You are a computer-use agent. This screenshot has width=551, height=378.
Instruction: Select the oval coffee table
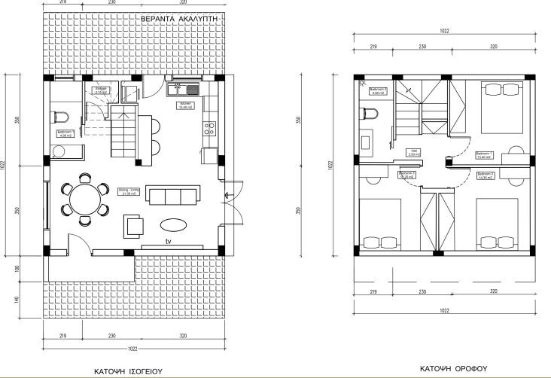point(175,224)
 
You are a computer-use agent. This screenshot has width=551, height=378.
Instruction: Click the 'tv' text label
point(170,241)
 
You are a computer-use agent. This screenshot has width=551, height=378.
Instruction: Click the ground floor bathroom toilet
point(59,117)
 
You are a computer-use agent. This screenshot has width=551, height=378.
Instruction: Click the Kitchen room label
point(185,105)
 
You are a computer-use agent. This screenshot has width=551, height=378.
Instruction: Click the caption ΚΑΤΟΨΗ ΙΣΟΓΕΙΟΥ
point(128,370)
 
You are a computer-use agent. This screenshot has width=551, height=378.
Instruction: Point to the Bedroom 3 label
point(407,175)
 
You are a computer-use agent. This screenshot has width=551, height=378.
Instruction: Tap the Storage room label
point(102,90)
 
